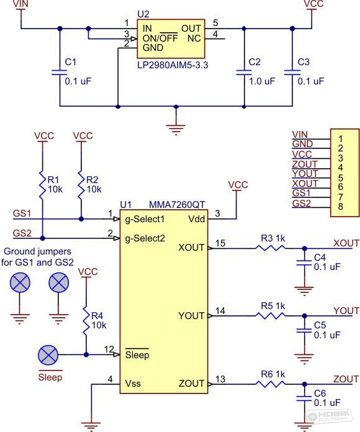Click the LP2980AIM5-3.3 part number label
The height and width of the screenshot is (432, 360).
pyautogui.click(x=173, y=65)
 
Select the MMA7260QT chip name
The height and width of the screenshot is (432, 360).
pyautogui.click(x=177, y=205)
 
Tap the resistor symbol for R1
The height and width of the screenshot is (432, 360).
pyautogui.click(x=42, y=185)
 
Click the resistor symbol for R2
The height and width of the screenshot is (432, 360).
pyautogui.click(x=81, y=185)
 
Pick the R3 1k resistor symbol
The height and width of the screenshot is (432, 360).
pyautogui.click(x=270, y=248)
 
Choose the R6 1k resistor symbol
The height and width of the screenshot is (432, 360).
pyautogui.click(x=270, y=384)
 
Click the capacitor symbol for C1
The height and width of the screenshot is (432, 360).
pyautogui.click(x=60, y=73)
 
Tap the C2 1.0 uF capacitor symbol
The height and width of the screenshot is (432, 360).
pyautogui.click(x=244, y=73)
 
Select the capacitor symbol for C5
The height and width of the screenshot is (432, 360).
pyautogui.click(x=304, y=330)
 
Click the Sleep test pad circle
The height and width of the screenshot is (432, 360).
pyautogui.click(x=48, y=355)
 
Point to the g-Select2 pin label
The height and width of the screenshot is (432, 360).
pyautogui.click(x=145, y=238)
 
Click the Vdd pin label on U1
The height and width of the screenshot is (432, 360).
pyautogui.click(x=197, y=219)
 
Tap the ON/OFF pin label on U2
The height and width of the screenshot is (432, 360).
pyautogui.click(x=160, y=38)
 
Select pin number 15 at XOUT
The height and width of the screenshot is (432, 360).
pyautogui.click(x=220, y=243)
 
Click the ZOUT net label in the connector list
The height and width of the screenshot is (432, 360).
pyautogui.click(x=305, y=164)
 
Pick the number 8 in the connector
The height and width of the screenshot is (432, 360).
pyautogui.click(x=340, y=206)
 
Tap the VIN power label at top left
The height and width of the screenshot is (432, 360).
pyautogui.click(x=20, y=4)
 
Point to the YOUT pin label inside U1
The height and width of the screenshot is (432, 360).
pyautogui.click(x=191, y=316)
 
